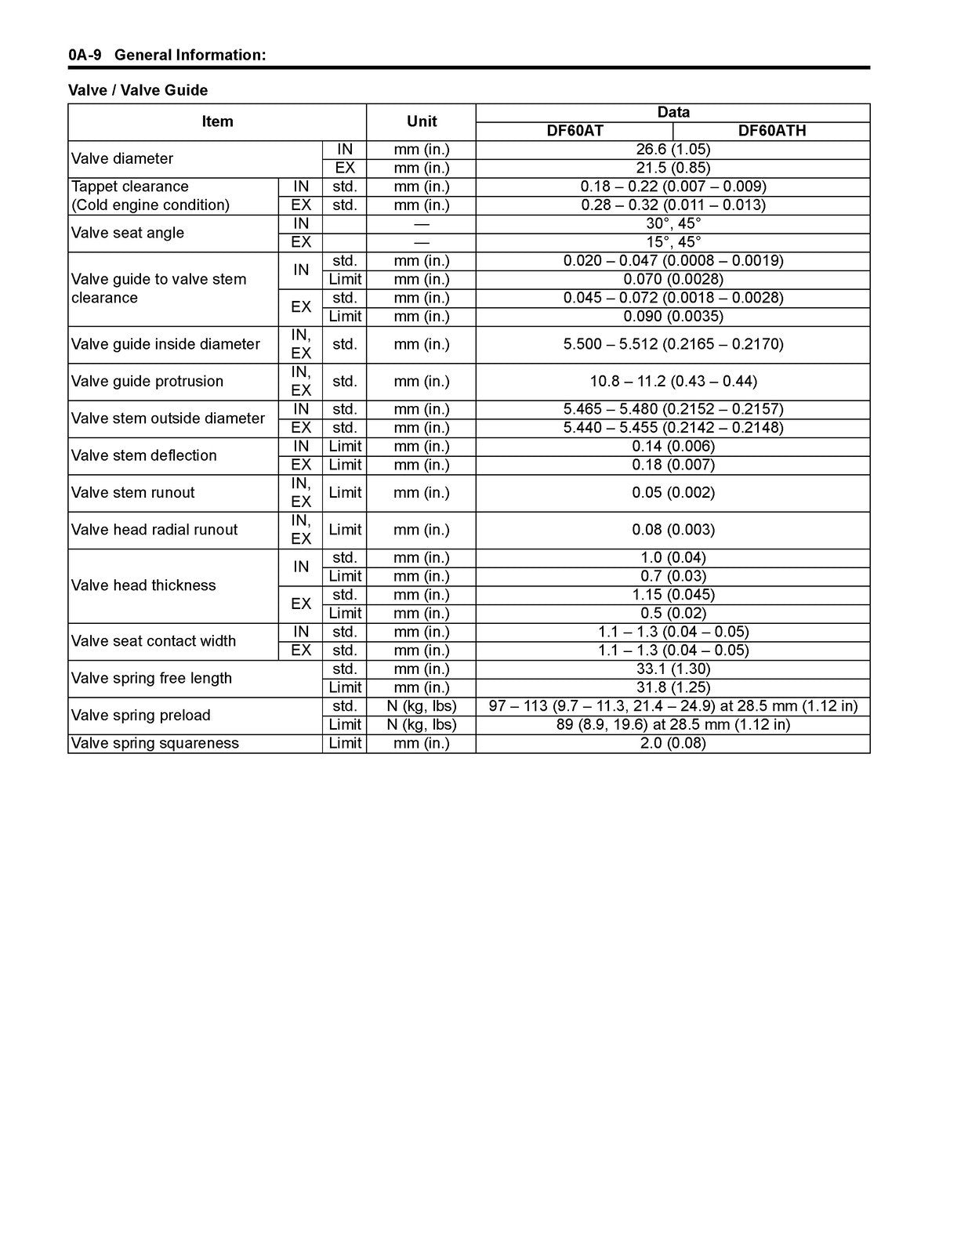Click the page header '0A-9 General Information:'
tap(167, 55)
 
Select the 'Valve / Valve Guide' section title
tap(138, 90)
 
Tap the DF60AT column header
tap(575, 131)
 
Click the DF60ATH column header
tap(771, 131)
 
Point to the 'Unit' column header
tap(421, 121)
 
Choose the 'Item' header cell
tap(217, 121)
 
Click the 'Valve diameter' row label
tap(122, 158)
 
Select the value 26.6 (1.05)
tap(673, 149)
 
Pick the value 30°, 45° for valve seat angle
tap(673, 223)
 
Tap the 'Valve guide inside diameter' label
tap(165, 344)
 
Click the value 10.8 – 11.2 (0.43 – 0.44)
tap(673, 381)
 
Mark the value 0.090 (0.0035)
tap(673, 316)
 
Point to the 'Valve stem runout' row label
tap(132, 492)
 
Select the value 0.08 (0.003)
tap(673, 530)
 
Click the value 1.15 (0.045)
tap(673, 594)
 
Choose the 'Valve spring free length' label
tap(151, 678)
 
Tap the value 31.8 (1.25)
tap(673, 687)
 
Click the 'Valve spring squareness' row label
tap(154, 743)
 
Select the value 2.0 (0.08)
tap(673, 743)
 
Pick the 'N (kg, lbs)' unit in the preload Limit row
tap(421, 724)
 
